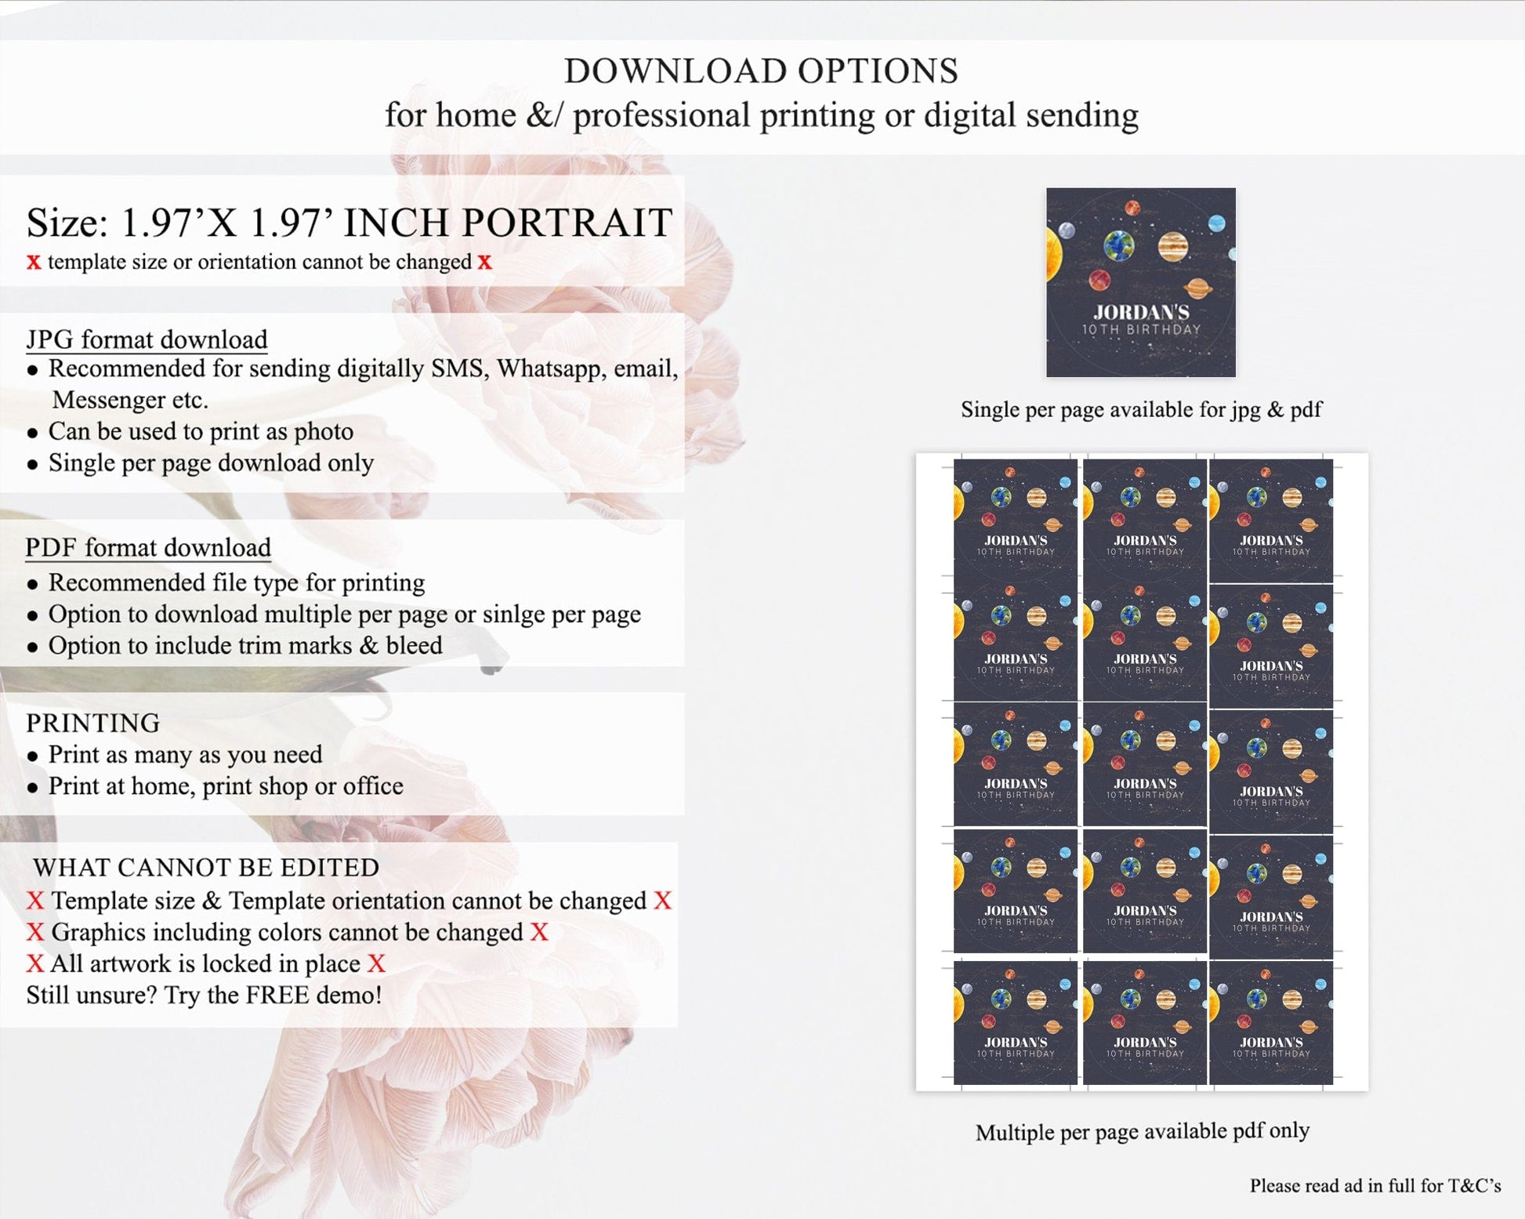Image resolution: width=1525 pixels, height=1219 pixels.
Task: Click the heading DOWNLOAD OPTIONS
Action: [x=761, y=71]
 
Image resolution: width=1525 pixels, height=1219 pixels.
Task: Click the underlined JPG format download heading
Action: [x=147, y=339]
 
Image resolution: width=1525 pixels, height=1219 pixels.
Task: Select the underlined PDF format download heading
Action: [x=148, y=547]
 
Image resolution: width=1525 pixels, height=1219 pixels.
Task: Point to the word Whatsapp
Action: [x=551, y=368]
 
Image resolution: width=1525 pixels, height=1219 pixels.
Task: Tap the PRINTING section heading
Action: [x=93, y=723]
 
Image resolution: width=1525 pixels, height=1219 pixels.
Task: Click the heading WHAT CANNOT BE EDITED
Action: [x=206, y=868]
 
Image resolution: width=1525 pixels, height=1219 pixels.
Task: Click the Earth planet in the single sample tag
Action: [x=1119, y=246]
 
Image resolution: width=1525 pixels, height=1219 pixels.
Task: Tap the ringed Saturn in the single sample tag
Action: [x=1197, y=288]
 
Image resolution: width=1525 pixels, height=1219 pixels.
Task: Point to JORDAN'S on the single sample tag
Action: [x=1141, y=312]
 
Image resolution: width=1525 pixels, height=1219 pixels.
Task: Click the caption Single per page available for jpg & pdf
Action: [x=1141, y=409]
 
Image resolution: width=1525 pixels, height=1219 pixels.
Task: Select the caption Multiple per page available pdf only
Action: [x=1142, y=1131]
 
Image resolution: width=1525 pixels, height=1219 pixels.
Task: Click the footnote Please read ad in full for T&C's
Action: [x=1375, y=1185]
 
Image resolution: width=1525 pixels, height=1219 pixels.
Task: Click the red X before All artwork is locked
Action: [x=35, y=964]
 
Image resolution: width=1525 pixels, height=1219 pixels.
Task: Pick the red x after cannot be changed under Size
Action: [x=485, y=262]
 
